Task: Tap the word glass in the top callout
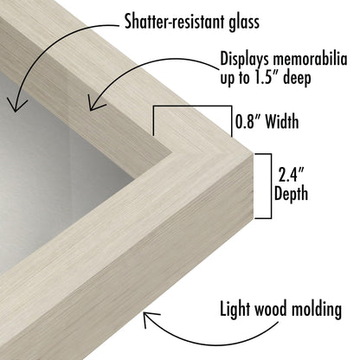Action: pyautogui.click(x=244, y=21)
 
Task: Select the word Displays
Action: pyautogui.click(x=245, y=60)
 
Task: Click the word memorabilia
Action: pyautogui.click(x=310, y=59)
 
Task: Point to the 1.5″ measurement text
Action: pyautogui.click(x=267, y=77)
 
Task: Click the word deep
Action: pyautogui.click(x=297, y=78)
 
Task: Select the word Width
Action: pyautogui.click(x=282, y=121)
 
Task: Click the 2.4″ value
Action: pyautogui.click(x=291, y=175)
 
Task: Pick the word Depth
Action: pyautogui.click(x=291, y=194)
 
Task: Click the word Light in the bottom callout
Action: pyautogui.click(x=235, y=310)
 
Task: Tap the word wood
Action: pyautogui.click(x=270, y=309)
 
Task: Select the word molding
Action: pyautogui.click(x=317, y=310)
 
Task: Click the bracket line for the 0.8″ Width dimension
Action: pyautogui.click(x=192, y=106)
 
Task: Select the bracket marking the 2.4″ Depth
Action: pyautogui.click(x=271, y=186)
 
